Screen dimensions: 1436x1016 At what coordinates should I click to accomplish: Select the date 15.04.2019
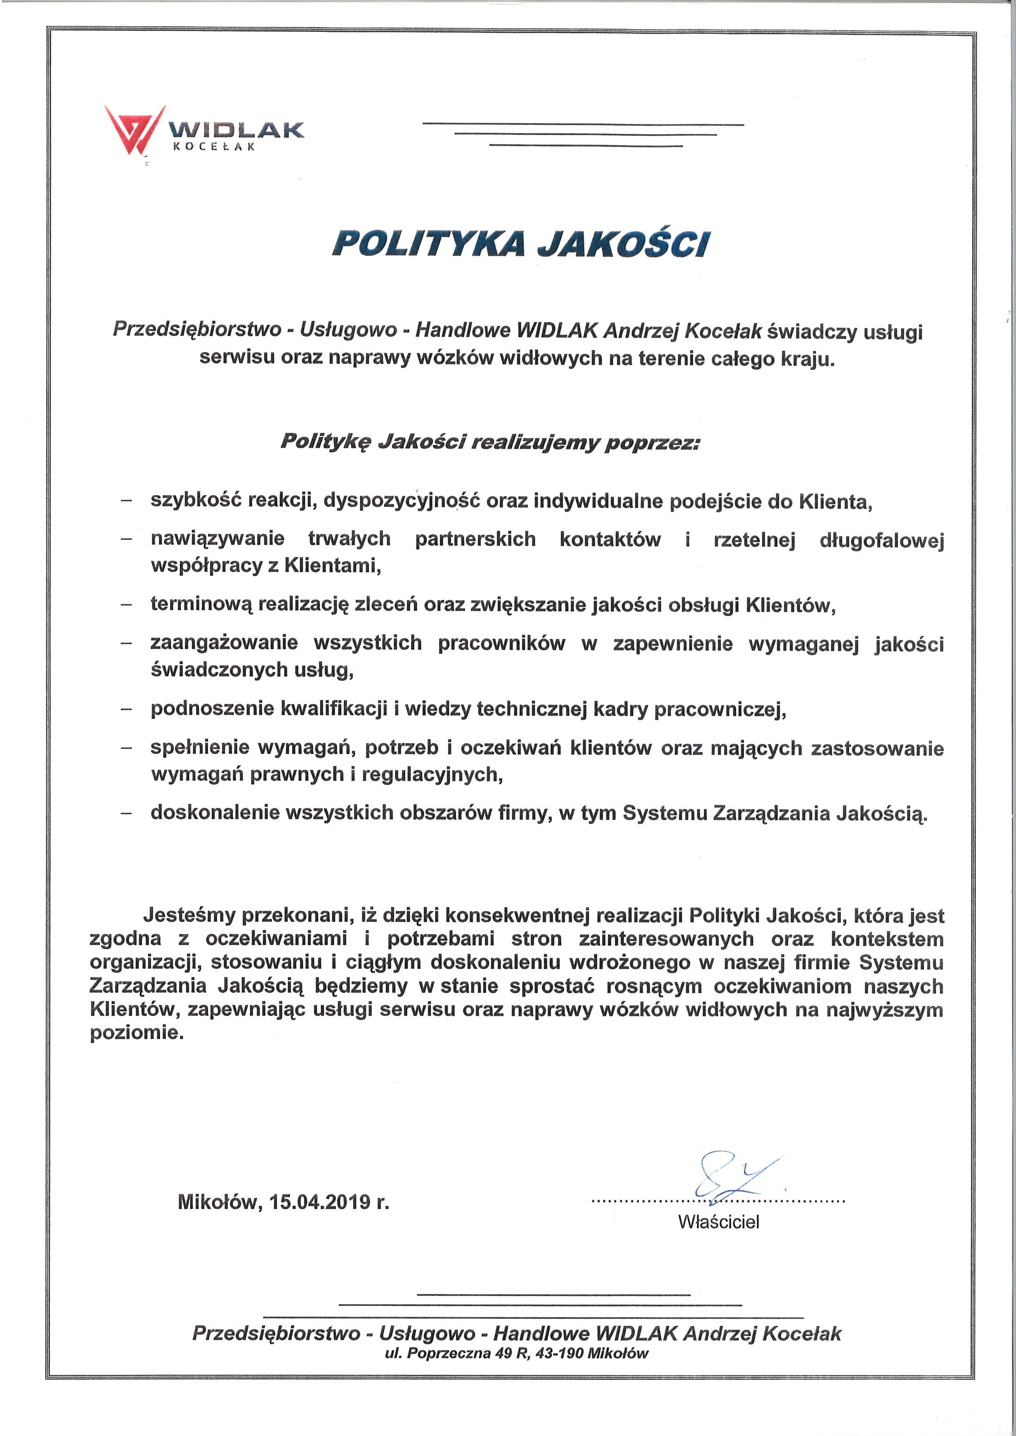point(320,1202)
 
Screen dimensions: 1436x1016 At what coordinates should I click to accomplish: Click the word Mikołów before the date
point(218,1202)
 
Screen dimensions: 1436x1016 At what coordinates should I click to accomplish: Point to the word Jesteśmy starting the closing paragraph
point(188,915)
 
